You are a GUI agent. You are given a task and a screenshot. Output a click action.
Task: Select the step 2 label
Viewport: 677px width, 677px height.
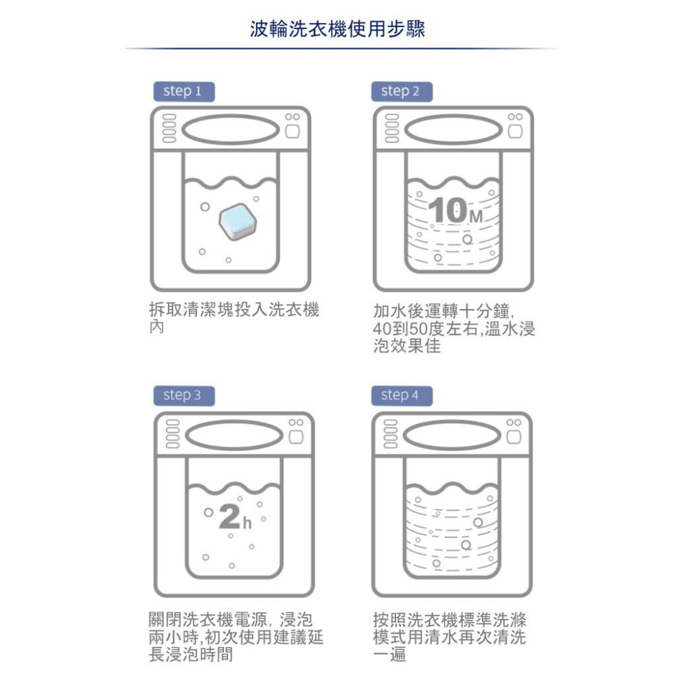(401, 91)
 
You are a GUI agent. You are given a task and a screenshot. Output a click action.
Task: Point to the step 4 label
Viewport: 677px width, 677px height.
(401, 395)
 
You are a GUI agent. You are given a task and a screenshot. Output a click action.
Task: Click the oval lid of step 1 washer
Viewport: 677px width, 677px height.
(230, 129)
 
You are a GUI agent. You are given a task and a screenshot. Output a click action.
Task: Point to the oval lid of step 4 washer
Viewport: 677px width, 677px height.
(453, 435)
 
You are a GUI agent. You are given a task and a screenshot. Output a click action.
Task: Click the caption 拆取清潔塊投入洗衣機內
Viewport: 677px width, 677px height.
(233, 318)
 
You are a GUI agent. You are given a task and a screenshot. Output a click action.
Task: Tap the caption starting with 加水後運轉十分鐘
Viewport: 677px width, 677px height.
(454, 328)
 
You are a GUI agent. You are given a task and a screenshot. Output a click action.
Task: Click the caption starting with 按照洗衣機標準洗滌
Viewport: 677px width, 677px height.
(450, 637)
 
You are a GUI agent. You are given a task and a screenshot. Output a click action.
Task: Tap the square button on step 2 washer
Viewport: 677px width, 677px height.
(515, 132)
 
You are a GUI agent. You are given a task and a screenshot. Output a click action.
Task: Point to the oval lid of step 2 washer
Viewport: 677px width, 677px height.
(453, 129)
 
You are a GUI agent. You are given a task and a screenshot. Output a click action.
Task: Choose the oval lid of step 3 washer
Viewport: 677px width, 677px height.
(230, 435)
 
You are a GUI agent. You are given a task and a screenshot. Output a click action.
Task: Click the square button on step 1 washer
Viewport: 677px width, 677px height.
(292, 132)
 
